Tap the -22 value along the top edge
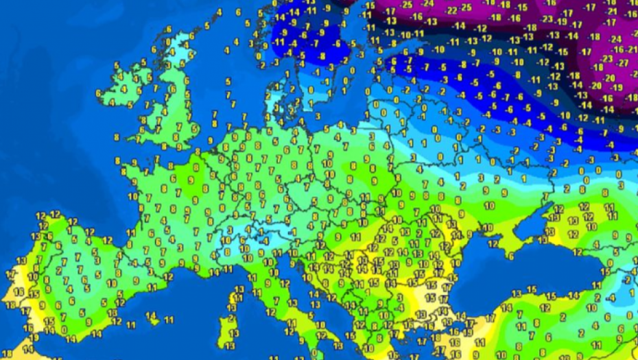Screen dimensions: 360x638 coord(451,10)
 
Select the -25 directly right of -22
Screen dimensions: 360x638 coord(466,8)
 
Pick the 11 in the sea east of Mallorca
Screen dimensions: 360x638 coord(169,320)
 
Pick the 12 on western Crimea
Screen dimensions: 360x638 coord(493,243)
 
